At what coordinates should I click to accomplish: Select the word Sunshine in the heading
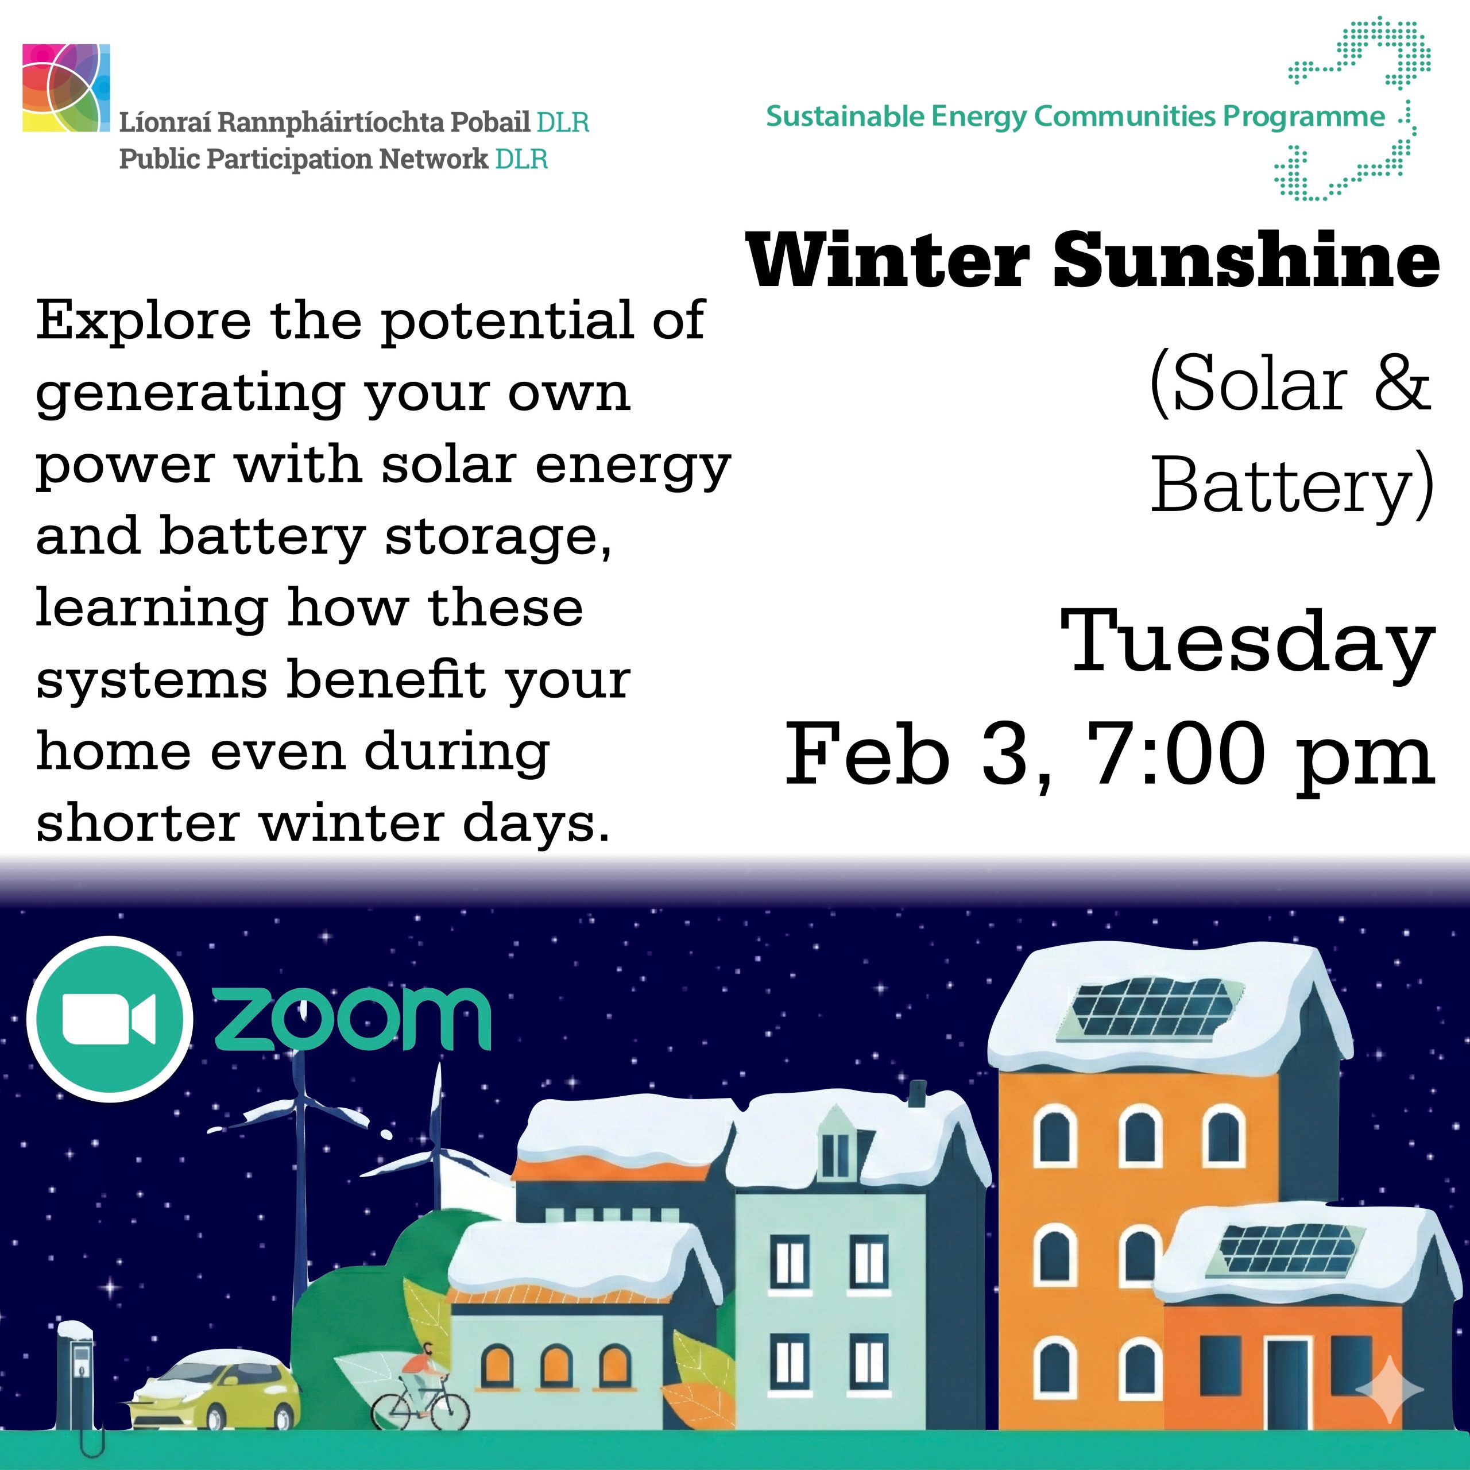click(1246, 260)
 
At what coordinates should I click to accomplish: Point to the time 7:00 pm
click(1261, 756)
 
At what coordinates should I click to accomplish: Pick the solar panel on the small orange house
click(1286, 1248)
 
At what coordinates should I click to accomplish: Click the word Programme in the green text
click(1303, 117)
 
